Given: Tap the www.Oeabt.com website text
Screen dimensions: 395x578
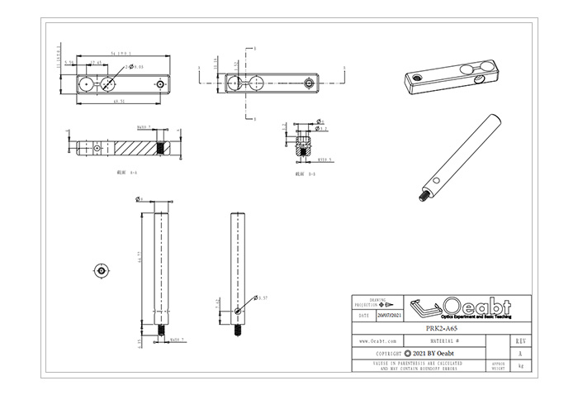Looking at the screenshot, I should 378,340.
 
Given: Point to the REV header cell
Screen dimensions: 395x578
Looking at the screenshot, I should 519,340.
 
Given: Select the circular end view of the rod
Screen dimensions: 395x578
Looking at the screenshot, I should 100,270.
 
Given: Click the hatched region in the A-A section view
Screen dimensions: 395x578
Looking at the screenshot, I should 132,146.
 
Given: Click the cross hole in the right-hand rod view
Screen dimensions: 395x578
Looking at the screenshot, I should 238,311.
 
